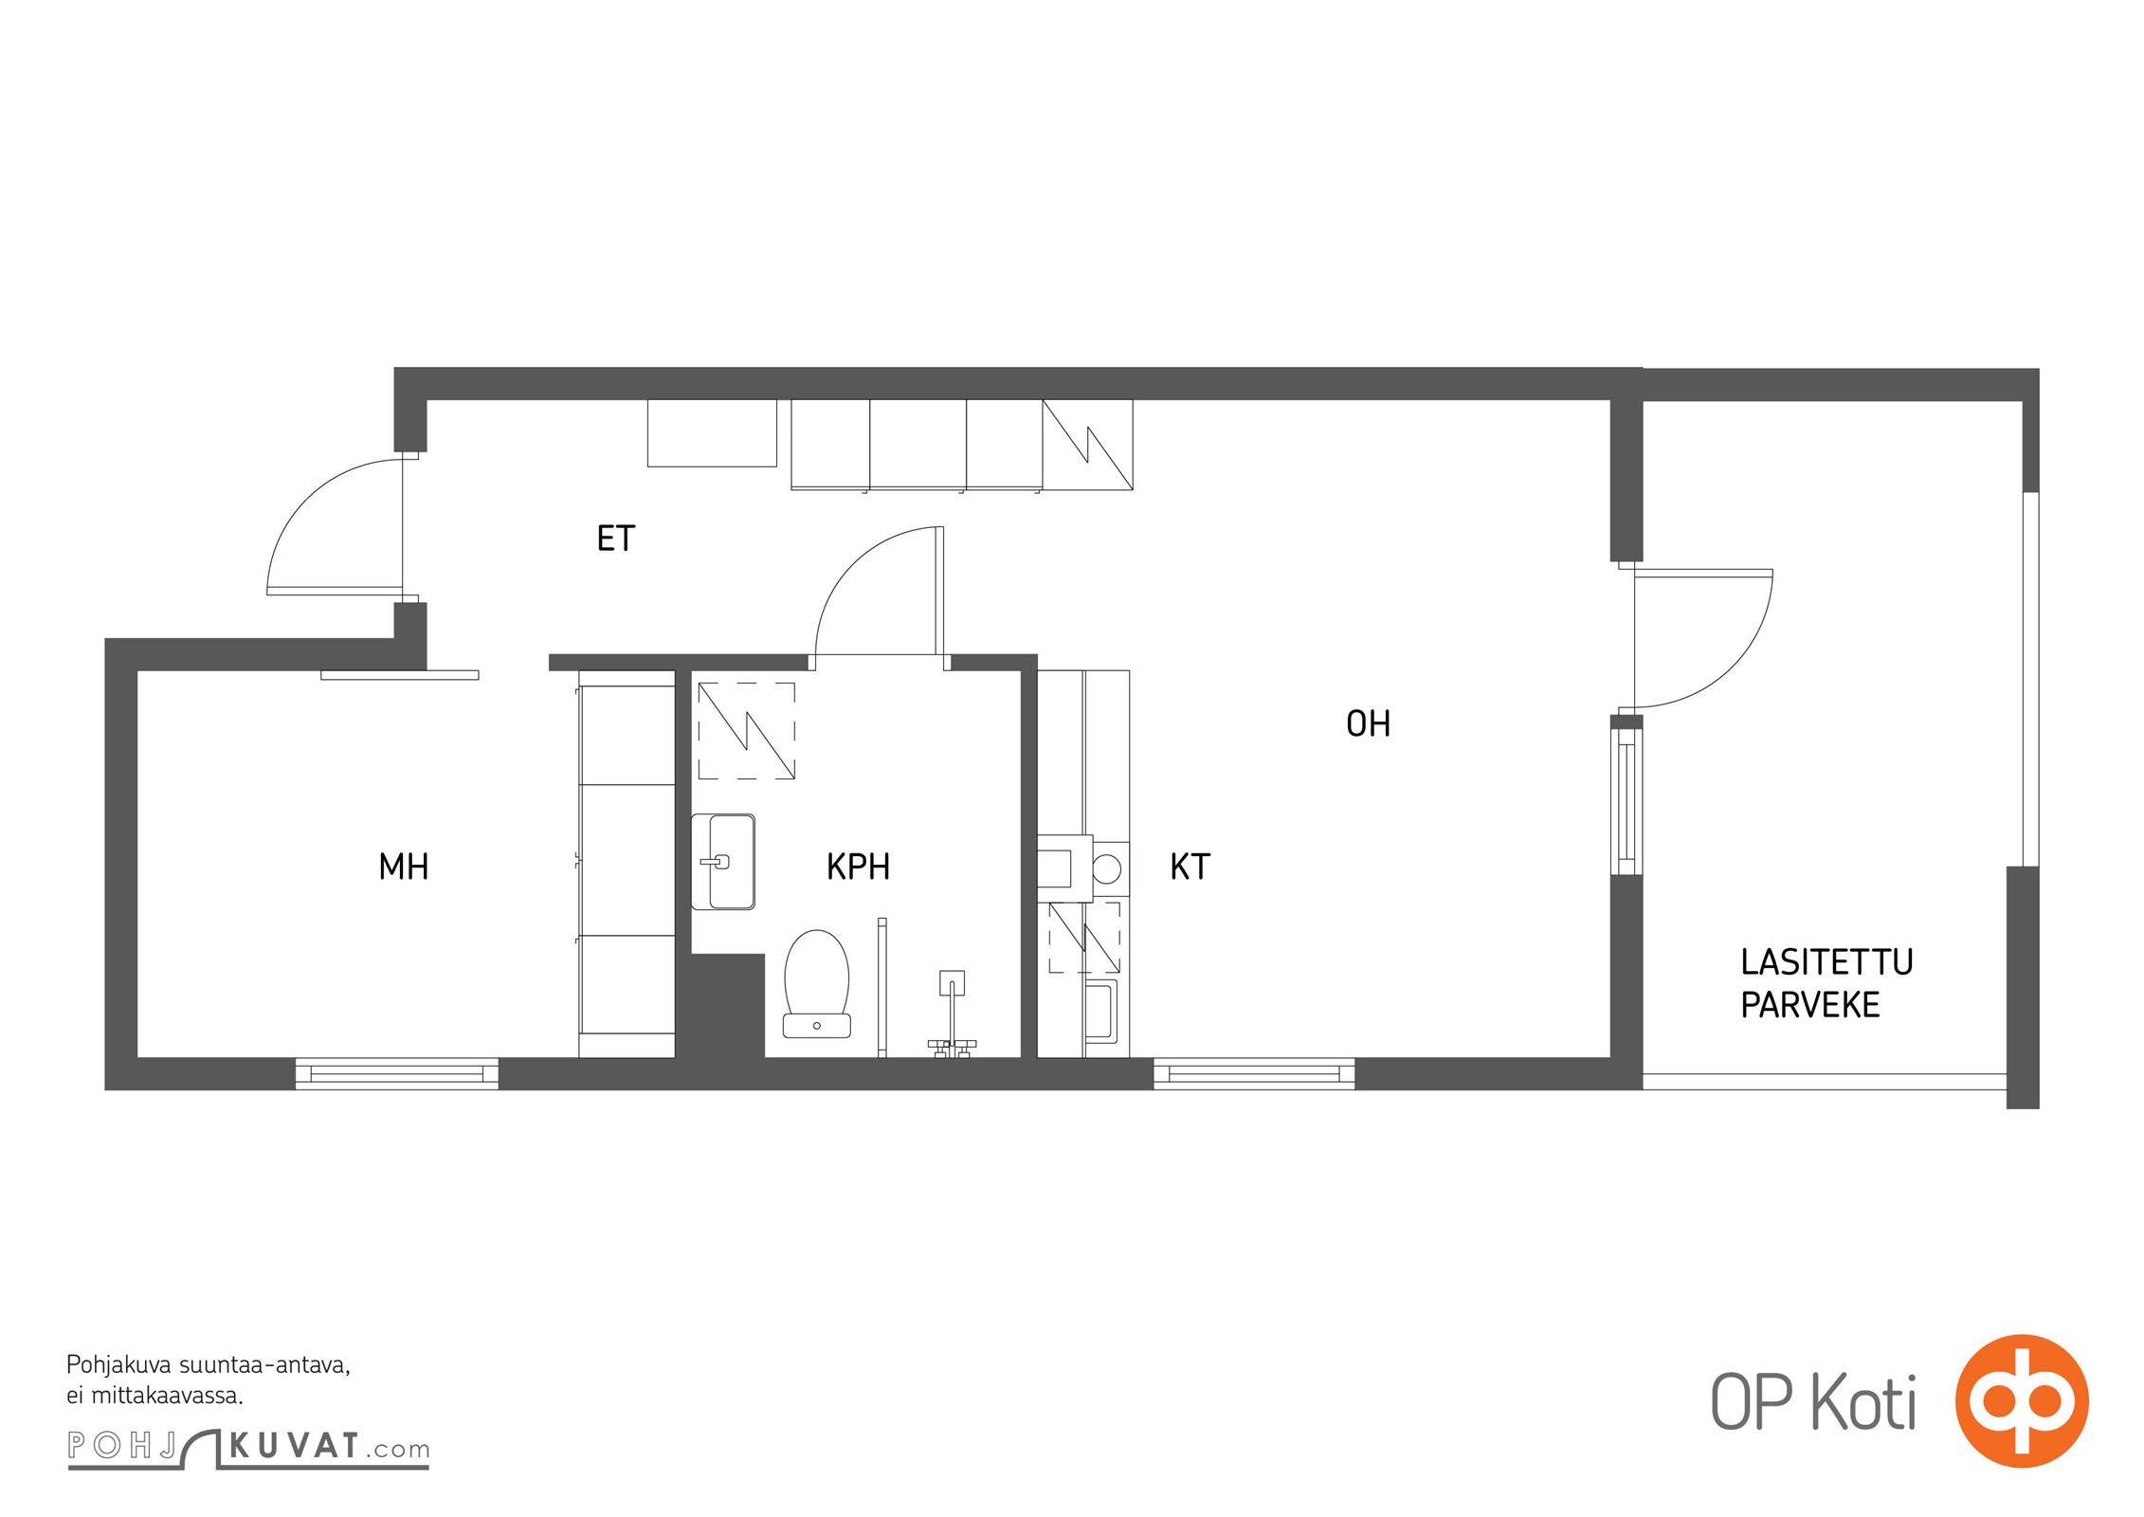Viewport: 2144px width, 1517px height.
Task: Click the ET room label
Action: tap(615, 539)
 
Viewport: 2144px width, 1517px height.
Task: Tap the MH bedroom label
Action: tap(404, 867)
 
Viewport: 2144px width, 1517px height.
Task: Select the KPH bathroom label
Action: tap(858, 867)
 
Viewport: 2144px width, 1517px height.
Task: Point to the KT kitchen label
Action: tap(1190, 867)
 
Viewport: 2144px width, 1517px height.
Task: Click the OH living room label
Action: tap(1368, 724)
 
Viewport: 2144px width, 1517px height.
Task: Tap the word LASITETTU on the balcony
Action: tap(1826, 962)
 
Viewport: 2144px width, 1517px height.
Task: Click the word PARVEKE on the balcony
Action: tap(1810, 1005)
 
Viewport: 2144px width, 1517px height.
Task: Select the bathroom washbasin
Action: tap(723, 862)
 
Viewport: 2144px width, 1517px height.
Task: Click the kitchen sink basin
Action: tap(1100, 1011)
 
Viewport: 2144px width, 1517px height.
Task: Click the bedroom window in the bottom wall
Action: tap(397, 1074)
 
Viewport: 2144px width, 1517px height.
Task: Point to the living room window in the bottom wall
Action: tap(1254, 1074)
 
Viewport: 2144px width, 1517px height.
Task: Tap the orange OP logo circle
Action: tap(2022, 1400)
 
